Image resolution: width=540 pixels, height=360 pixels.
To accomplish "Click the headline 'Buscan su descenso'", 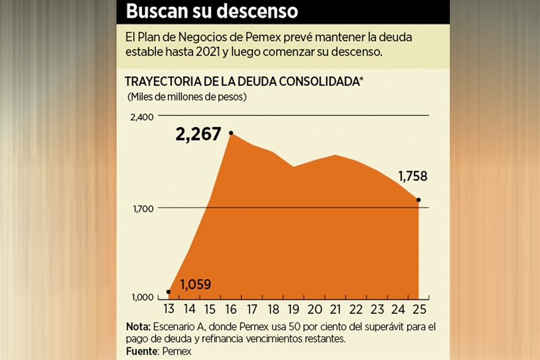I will pos(211,11).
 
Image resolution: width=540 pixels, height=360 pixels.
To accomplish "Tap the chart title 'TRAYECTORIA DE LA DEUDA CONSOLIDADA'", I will pos(244,82).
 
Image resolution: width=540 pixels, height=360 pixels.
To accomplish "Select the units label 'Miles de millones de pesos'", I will pos(187,96).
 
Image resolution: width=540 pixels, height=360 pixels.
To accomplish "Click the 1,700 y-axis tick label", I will pos(143,208).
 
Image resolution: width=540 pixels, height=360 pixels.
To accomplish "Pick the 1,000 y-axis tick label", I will pos(142,298).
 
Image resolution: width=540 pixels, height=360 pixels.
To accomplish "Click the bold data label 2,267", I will pos(198,134).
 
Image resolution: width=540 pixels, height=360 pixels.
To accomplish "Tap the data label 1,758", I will pos(413,177).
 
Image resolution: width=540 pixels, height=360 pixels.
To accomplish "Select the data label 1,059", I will pos(195,285).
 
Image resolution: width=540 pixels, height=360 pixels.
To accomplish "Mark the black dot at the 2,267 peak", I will pos(231,133).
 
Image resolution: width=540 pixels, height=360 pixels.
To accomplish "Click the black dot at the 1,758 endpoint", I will pos(418,200).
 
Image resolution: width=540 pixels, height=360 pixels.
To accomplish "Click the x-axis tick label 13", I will pos(169,309).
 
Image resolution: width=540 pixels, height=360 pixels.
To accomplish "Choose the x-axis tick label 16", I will pos(231,309).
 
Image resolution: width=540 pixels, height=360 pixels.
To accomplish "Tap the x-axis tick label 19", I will pos(293,309).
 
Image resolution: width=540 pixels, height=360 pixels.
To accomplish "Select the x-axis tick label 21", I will pos(335,309).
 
